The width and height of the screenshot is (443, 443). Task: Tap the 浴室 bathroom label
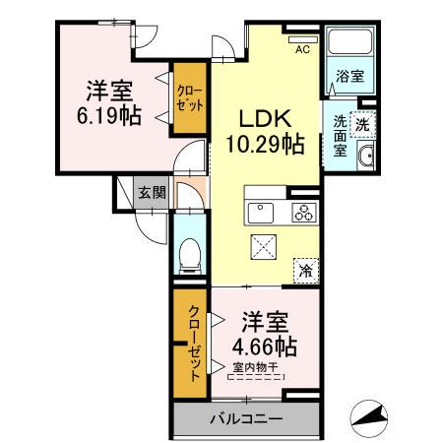pos(349,76)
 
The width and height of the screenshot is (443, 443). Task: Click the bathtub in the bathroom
pos(348,44)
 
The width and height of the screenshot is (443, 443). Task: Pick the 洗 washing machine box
pos(362,125)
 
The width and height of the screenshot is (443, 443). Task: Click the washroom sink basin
pos(365,157)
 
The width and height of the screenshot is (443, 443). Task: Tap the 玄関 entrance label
pos(150,192)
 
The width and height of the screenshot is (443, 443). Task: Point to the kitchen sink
pos(263,211)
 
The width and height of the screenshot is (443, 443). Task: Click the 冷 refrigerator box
pos(307,267)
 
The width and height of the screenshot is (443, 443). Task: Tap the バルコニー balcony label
pos(246,419)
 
